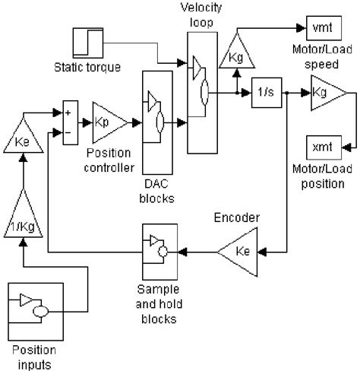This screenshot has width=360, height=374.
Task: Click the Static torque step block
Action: (87, 45)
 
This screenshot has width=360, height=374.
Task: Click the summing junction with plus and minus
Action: (69, 122)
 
